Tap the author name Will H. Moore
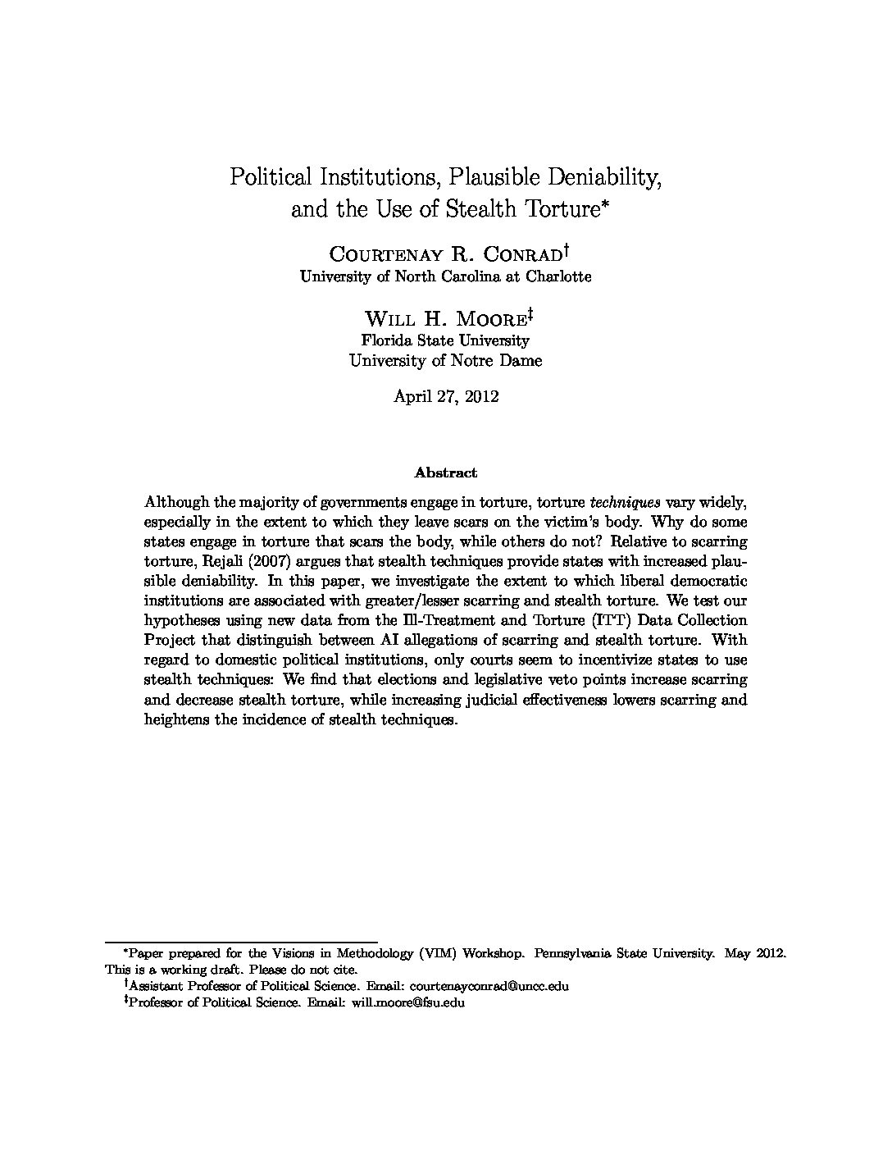[445, 318]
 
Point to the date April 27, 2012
[446, 396]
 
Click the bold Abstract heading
[446, 472]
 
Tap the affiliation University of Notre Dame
[446, 360]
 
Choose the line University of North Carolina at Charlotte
[446, 276]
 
